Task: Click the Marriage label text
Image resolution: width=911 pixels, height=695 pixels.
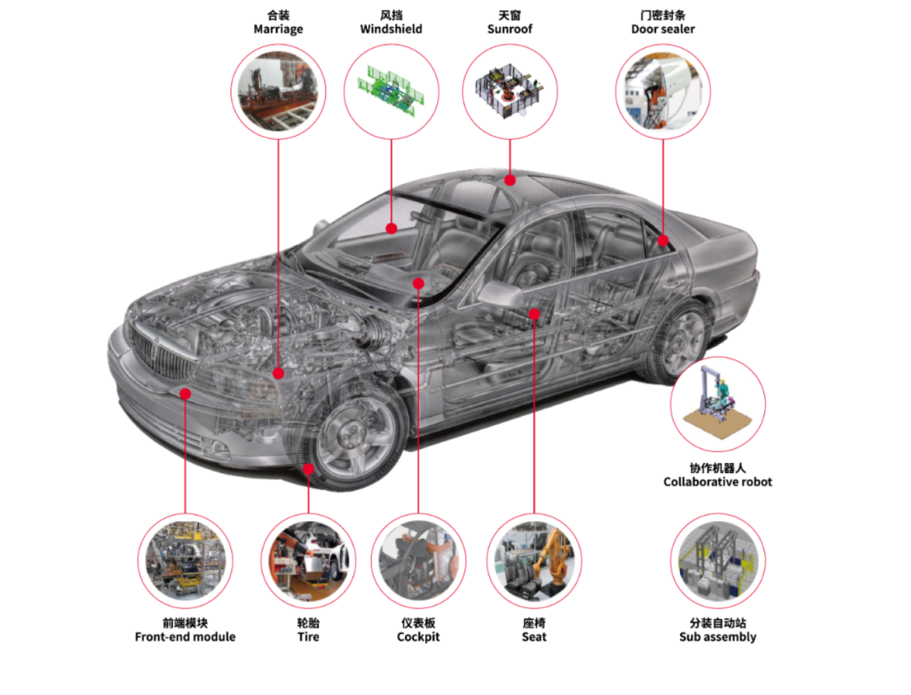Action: click(x=278, y=29)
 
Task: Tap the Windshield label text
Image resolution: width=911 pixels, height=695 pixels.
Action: click(x=391, y=29)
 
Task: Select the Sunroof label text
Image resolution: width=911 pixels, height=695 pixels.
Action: click(x=509, y=29)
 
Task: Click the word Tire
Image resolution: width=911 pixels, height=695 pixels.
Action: click(x=309, y=637)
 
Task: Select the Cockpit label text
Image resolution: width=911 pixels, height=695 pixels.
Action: click(x=418, y=637)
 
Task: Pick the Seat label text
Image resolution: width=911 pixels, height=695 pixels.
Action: click(x=534, y=637)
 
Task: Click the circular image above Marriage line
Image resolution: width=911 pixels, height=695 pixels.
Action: click(x=278, y=92)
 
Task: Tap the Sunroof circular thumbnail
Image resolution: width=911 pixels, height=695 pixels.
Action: click(x=509, y=92)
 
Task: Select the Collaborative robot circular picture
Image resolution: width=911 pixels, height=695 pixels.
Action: click(x=718, y=405)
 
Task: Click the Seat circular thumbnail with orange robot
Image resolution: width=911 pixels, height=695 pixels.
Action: click(x=534, y=562)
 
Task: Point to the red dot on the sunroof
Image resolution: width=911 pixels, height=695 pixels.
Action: click(x=510, y=180)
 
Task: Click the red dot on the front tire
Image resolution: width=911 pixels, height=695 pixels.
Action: click(x=309, y=469)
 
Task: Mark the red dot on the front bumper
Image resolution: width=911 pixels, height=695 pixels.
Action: click(x=186, y=394)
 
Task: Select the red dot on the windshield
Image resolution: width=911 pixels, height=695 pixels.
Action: click(x=391, y=229)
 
